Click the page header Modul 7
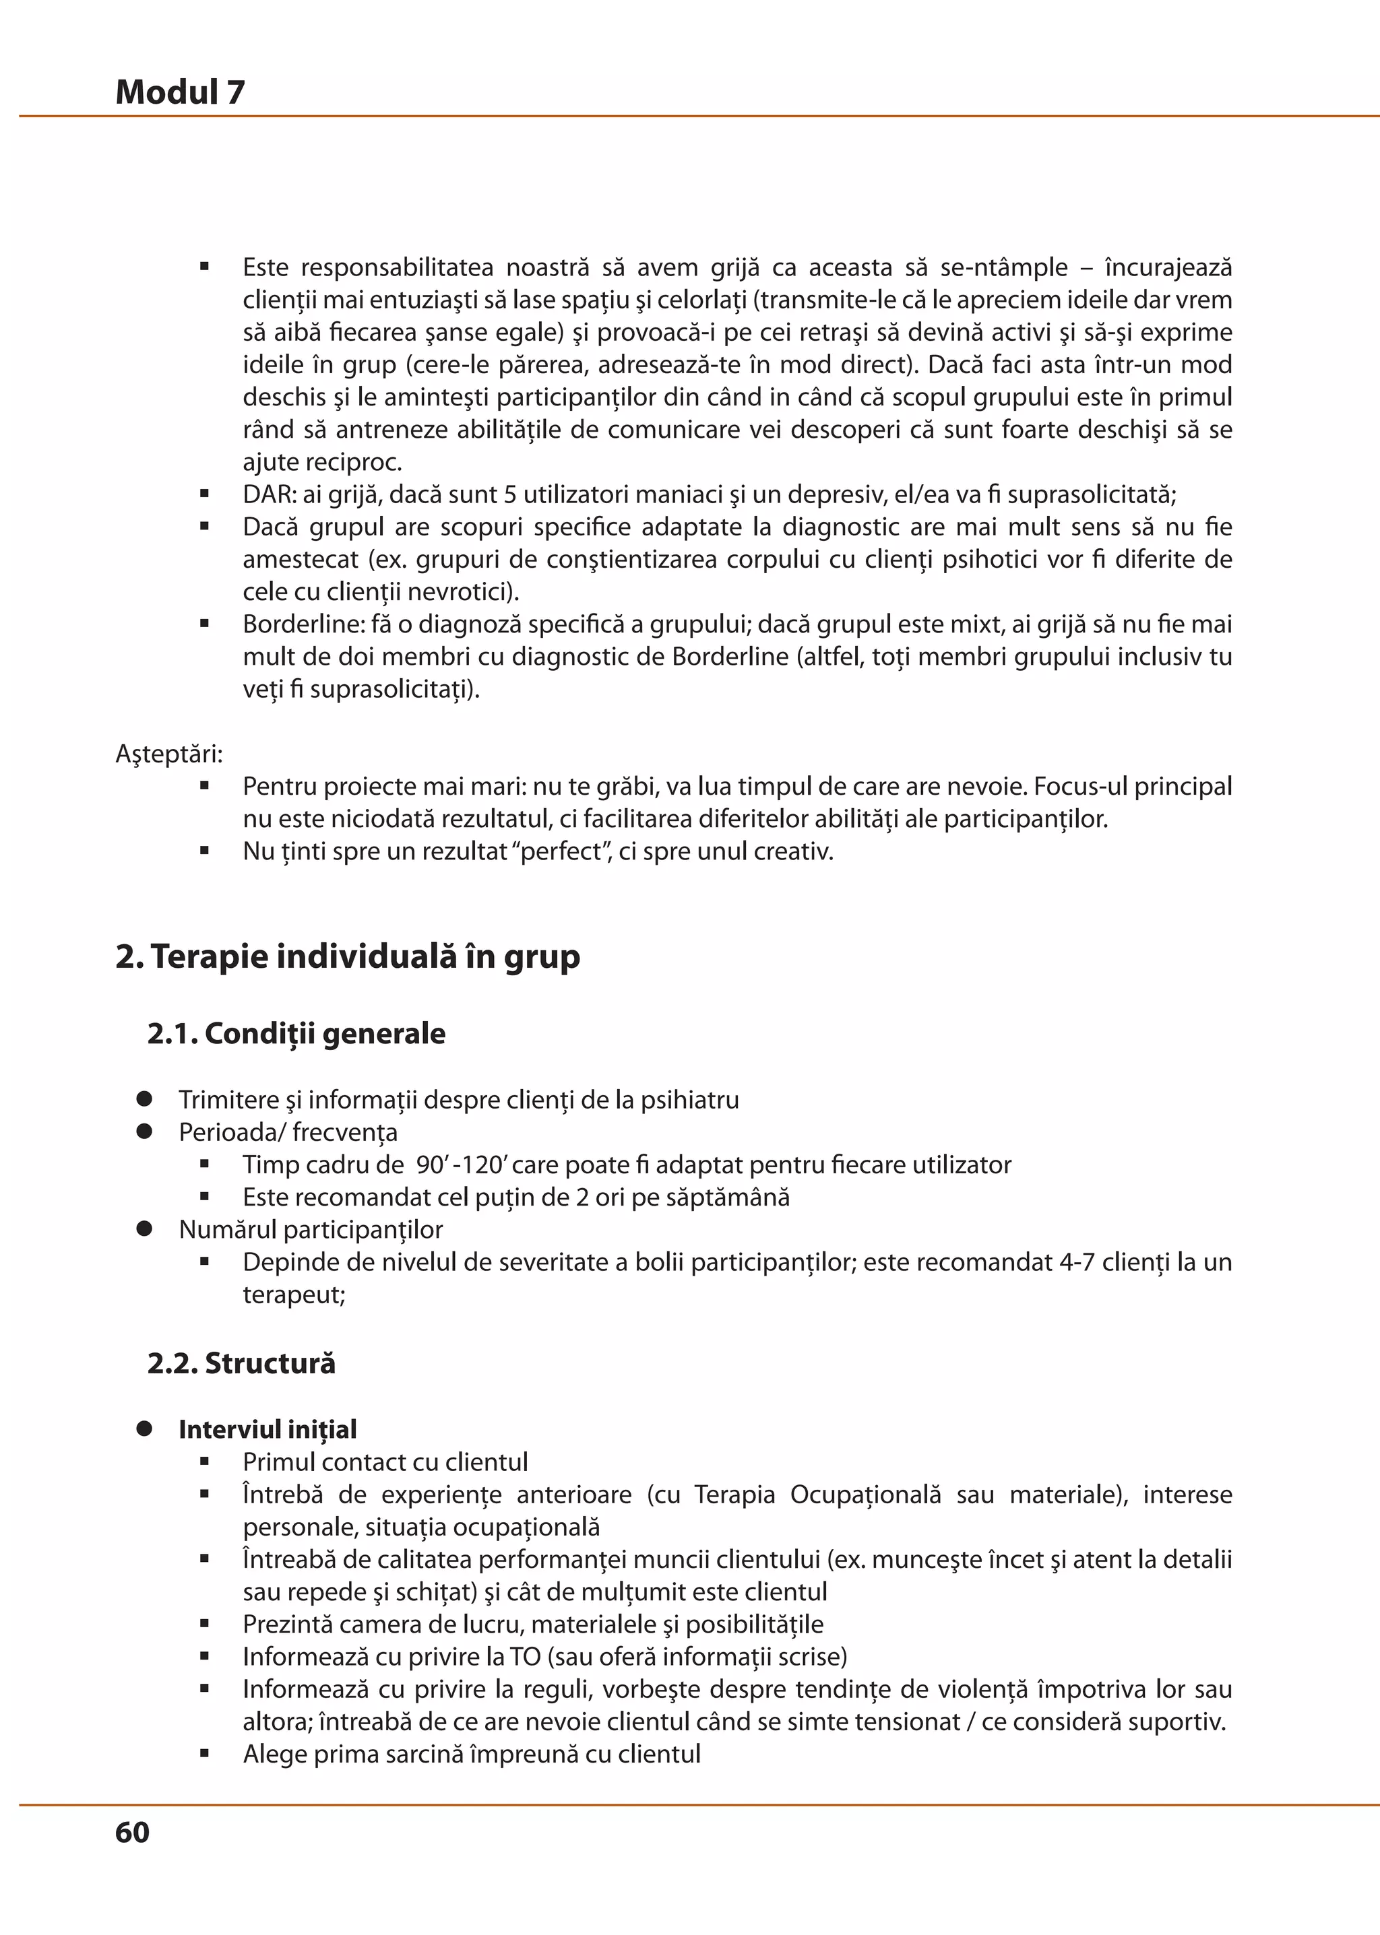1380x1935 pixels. [x=180, y=92]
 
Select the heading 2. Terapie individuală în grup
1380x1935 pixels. [x=348, y=956]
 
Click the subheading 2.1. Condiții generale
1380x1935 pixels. [x=296, y=1034]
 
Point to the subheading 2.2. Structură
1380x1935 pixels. [x=241, y=1363]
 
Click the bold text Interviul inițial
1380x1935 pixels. [x=268, y=1430]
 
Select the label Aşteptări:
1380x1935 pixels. [x=169, y=754]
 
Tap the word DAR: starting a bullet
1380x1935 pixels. [x=269, y=494]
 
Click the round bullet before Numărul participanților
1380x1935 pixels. [x=144, y=1229]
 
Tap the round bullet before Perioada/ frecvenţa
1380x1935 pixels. [x=144, y=1132]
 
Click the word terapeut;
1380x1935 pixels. [x=294, y=1294]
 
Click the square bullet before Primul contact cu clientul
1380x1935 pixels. [x=205, y=1462]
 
